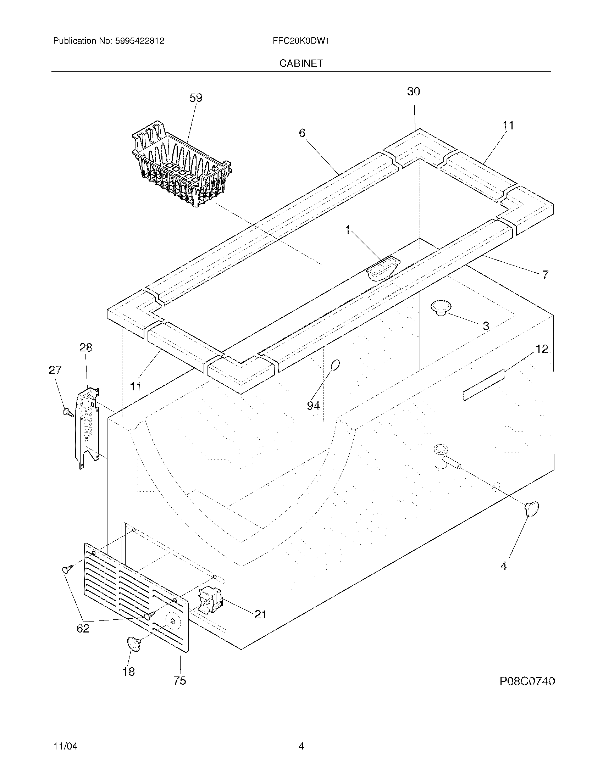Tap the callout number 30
point(414,92)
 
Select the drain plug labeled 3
point(441,307)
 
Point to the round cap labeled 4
point(532,508)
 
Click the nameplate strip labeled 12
point(483,385)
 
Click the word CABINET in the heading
point(301,63)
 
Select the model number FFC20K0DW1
point(301,41)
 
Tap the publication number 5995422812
point(139,41)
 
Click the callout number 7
point(545,275)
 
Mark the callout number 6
point(302,133)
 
